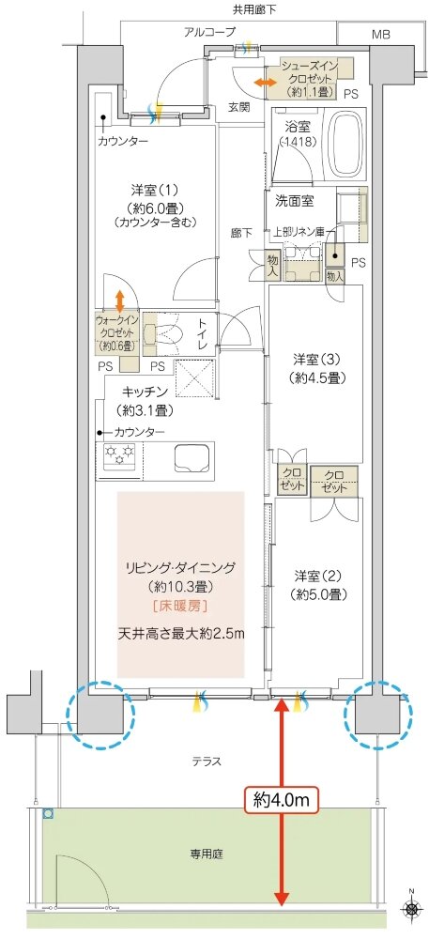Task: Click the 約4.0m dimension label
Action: (282, 800)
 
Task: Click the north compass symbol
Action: (411, 908)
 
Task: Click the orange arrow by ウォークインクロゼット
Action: (119, 299)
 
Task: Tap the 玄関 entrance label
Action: (239, 107)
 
